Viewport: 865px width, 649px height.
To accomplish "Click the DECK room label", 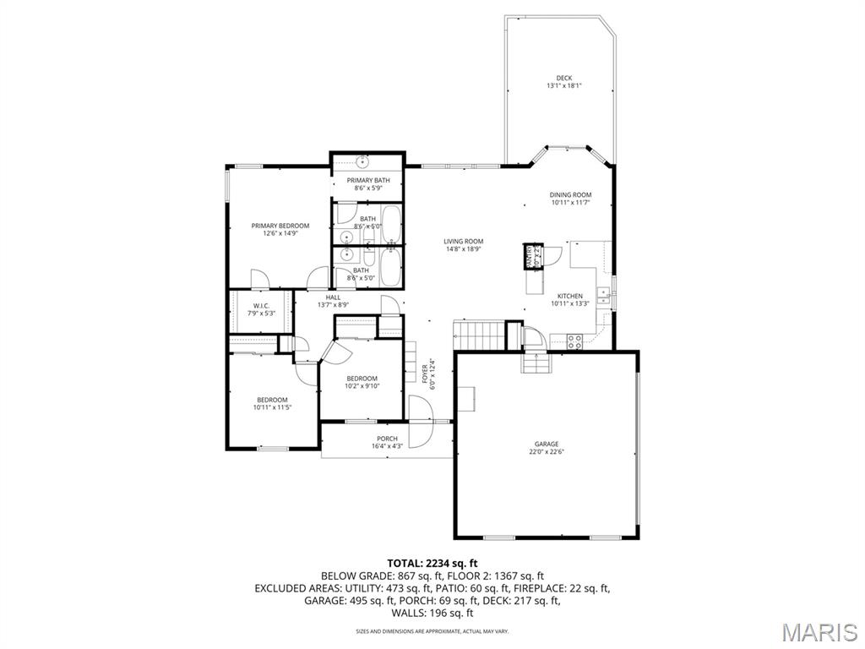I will [x=563, y=79].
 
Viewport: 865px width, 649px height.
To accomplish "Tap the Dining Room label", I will [x=570, y=195].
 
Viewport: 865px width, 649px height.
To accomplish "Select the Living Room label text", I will [x=463, y=242].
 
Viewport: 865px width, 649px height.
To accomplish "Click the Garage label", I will [x=546, y=444].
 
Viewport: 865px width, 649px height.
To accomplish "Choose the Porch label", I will [x=387, y=439].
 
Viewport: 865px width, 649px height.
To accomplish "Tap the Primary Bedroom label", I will [x=280, y=226].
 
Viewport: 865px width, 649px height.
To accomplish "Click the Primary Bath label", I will [x=367, y=181].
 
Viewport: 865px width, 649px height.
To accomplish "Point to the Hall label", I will [x=333, y=297].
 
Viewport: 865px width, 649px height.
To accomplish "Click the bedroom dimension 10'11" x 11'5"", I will [x=272, y=407].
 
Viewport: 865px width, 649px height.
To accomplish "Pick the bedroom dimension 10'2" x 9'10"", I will [x=362, y=386].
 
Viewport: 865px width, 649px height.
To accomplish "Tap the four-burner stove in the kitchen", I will [x=574, y=341].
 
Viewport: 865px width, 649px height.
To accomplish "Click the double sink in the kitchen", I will [x=605, y=294].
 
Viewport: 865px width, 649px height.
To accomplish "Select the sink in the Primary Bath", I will [x=363, y=161].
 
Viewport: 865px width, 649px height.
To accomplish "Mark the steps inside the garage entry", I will [x=536, y=363].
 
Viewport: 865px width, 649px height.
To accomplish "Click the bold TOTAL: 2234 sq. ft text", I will [x=432, y=563].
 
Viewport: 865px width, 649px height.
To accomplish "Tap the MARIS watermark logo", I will [x=819, y=631].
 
